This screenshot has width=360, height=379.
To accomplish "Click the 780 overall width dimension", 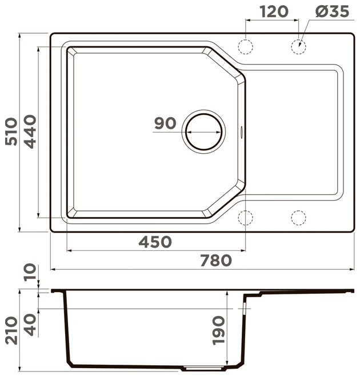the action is coord(216,260).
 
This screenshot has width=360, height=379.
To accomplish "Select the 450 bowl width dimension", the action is coord(155,242).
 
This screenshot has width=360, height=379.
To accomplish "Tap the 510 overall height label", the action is coord(11,131).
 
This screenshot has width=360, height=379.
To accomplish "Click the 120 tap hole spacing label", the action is coord(274,11).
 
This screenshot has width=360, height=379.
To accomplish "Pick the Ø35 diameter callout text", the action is coord(332,11).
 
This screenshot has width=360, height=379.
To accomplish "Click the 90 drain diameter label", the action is coord(165,123).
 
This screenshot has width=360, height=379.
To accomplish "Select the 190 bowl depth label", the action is coord(218,330).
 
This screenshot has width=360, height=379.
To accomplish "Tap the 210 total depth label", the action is coord(11,330).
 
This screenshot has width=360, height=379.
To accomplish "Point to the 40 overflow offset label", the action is coord(30,325).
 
